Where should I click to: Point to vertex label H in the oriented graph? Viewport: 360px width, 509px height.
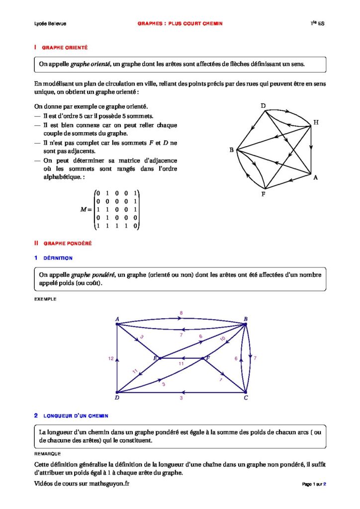pyautogui.click(x=316, y=123)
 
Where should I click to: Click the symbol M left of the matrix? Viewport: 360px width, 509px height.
pyautogui.click(x=84, y=210)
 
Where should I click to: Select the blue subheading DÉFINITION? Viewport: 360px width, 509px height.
pyautogui.click(x=58, y=258)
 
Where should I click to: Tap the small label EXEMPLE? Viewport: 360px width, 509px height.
pyautogui.click(x=45, y=299)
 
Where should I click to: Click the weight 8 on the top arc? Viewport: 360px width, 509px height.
pyautogui.click(x=181, y=313)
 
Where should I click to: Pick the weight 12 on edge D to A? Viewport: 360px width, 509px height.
pyautogui.click(x=110, y=358)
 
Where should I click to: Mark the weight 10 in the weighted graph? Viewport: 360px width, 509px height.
pyautogui.click(x=222, y=339)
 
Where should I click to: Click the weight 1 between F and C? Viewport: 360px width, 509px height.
pyautogui.click(x=221, y=380)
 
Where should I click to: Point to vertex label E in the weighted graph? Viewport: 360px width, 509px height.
pyautogui.click(x=155, y=357)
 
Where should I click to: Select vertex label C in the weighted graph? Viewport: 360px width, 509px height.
pyautogui.click(x=246, y=398)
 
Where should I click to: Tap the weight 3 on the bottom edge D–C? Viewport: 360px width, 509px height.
pyautogui.click(x=181, y=398)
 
